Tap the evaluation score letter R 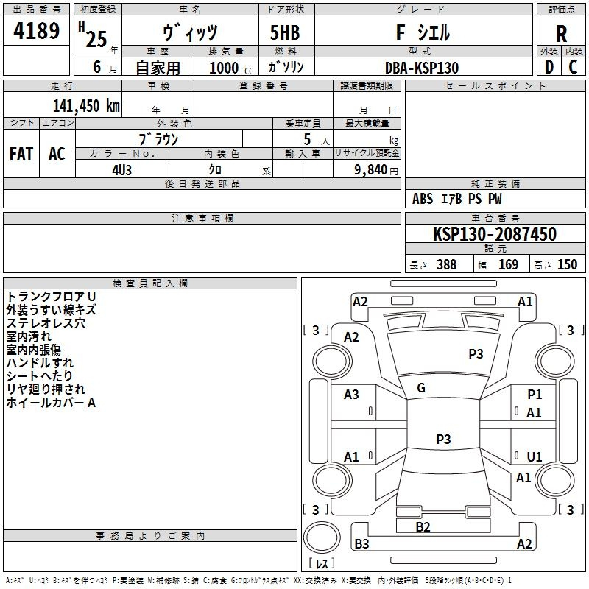coord(561,33)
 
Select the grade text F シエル coord(422,32)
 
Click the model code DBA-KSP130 coord(422,68)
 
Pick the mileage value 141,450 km coord(86,105)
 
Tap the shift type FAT coord(21,153)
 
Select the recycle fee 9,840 coord(370,169)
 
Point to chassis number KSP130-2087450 coord(494,234)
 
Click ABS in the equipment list coord(423,199)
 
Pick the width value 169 coord(508,265)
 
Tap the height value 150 coord(567,265)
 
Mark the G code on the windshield coord(421,387)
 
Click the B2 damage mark coord(423,526)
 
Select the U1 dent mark coord(535,456)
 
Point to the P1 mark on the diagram coord(535,395)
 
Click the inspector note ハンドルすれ coord(40,363)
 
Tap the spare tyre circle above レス coord(321,539)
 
